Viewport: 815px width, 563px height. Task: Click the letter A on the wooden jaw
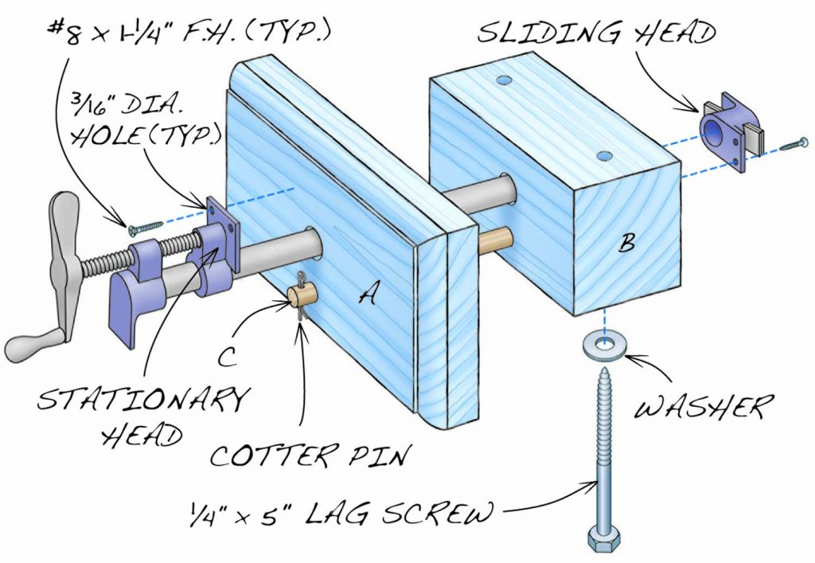(367, 295)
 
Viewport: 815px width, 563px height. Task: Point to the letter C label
(228, 358)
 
